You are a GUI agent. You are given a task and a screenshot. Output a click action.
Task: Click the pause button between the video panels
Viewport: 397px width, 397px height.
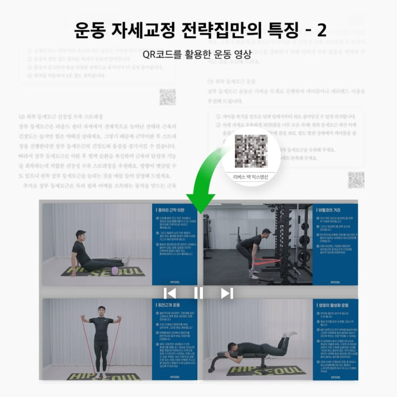point(198,293)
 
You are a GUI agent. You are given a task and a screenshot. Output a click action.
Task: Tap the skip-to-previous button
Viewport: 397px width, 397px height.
point(171,293)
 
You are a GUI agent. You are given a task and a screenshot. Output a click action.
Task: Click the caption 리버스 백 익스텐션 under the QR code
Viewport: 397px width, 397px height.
point(251,176)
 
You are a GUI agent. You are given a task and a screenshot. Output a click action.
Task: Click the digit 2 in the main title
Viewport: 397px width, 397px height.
point(322,31)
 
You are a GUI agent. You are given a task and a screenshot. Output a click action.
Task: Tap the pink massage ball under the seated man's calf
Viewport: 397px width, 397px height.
point(116,271)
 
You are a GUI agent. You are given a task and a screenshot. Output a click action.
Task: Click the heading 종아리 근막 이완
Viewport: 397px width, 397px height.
point(176,210)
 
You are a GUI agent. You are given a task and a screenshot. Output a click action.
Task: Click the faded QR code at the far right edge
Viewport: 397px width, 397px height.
point(356,180)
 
